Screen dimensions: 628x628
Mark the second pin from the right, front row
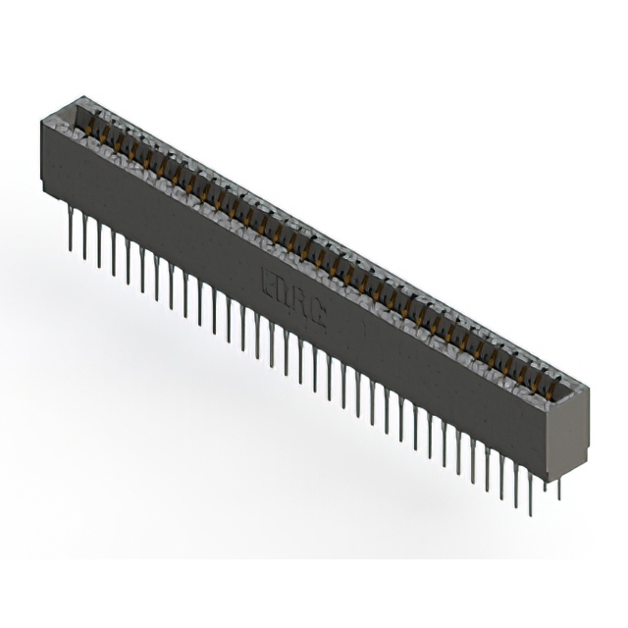(516, 480)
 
